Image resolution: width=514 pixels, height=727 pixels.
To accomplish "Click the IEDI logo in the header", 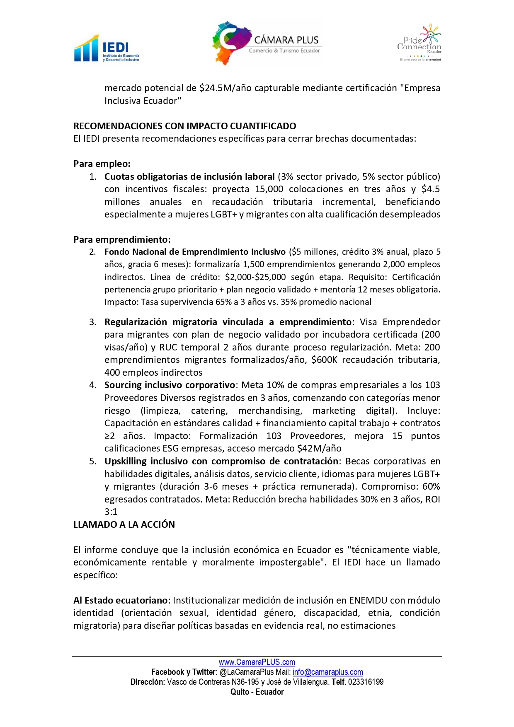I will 107,49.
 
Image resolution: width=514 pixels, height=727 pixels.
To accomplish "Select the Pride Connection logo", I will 419,43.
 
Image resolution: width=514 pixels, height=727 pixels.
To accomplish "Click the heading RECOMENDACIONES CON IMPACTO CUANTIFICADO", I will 185,126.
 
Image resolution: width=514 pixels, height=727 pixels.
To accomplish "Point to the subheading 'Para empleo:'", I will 102,164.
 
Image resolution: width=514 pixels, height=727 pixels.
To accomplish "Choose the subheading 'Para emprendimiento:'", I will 122,239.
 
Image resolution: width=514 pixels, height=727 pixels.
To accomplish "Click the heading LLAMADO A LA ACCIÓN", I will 124,524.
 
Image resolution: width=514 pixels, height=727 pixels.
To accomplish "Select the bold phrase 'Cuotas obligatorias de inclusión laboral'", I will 189,176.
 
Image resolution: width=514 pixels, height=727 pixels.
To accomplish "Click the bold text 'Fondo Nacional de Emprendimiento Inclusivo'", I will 195,252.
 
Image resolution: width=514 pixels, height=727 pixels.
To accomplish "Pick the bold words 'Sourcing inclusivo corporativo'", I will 170,385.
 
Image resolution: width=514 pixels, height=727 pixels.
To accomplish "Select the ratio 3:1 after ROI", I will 111,512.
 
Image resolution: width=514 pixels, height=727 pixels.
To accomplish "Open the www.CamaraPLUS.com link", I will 257,662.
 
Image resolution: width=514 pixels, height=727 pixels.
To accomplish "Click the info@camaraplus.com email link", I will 327,672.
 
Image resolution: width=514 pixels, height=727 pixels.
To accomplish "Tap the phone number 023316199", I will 366,682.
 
